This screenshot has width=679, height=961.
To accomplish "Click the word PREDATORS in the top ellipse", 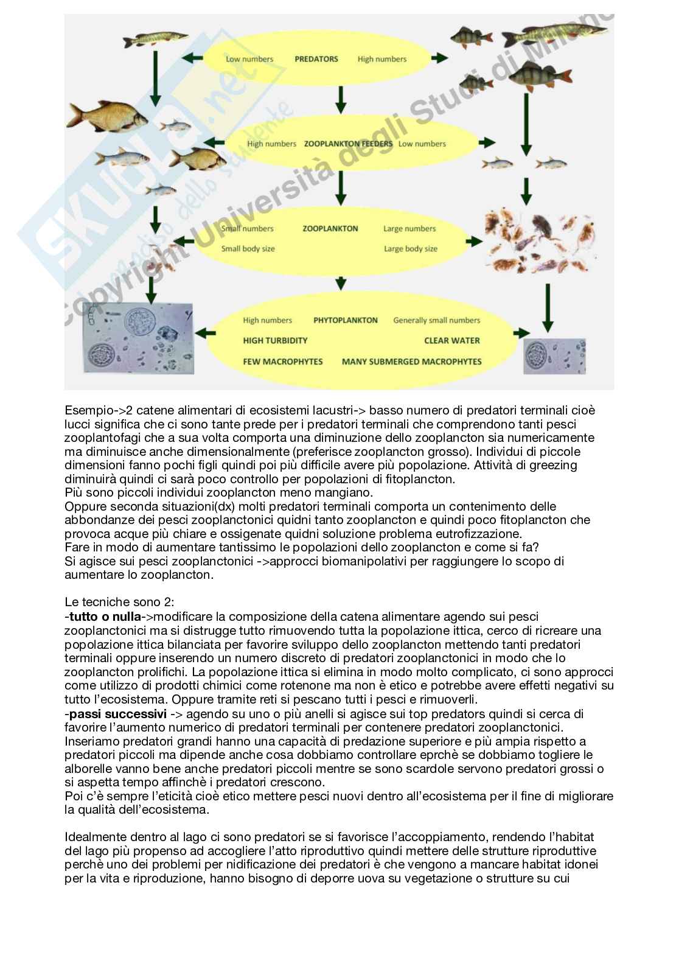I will click(316, 59).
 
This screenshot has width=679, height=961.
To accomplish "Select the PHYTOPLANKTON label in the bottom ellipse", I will click(346, 320).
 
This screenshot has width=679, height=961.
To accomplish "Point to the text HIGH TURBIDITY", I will click(275, 341).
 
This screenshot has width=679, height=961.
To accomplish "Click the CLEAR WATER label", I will click(452, 341).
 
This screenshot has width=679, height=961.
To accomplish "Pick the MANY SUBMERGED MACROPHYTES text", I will click(411, 362).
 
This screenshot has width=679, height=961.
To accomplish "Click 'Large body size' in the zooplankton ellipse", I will click(411, 248).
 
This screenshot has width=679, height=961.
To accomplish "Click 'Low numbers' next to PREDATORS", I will click(249, 59).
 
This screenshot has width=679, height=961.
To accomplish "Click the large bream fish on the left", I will click(100, 116).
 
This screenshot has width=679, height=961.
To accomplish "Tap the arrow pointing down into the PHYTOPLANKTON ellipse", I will click(341, 283).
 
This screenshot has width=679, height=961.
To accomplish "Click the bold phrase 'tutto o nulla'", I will click(104, 618).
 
